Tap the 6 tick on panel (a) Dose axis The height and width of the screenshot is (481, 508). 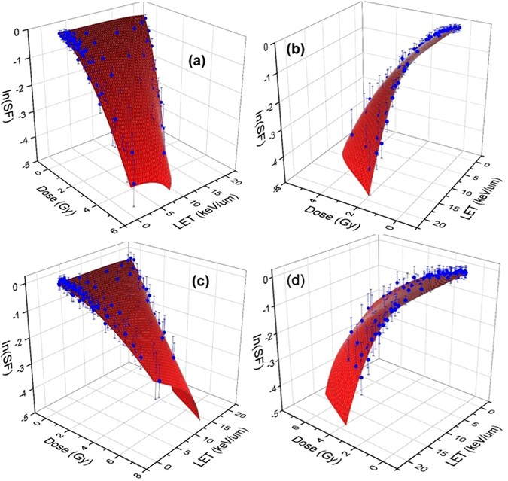pos(114,234)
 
